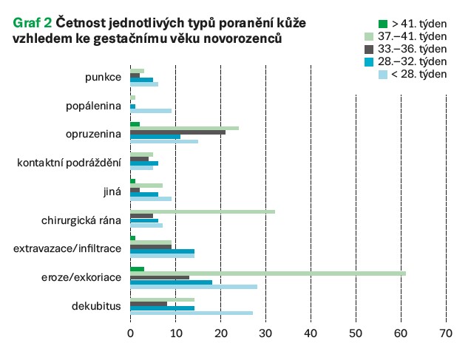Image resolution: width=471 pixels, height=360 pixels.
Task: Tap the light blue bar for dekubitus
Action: [192, 313]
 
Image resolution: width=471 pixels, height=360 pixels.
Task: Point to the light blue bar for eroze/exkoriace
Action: [194, 287]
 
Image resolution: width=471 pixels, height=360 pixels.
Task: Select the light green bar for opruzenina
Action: [184, 128]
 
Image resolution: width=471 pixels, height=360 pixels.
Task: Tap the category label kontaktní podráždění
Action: [69, 163]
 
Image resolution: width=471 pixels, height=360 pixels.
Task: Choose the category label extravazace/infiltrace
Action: [67, 248]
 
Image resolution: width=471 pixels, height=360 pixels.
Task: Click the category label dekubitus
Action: [97, 305]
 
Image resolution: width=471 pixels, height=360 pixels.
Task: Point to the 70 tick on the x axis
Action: [446, 333]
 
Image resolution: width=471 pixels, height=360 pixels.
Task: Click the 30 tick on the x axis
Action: [265, 333]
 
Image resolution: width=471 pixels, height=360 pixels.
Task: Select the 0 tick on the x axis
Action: [130, 333]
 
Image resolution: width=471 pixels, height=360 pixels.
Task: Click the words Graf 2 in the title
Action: [32, 24]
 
